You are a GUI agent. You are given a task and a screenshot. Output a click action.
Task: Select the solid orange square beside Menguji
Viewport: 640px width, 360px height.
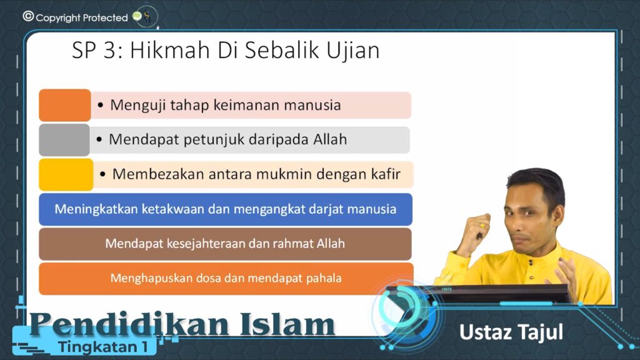pos(65,105)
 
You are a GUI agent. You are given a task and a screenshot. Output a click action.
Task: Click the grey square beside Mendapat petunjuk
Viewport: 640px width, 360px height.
pos(64,140)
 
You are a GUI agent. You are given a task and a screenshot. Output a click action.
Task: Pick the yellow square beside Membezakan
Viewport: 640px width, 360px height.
pos(66,175)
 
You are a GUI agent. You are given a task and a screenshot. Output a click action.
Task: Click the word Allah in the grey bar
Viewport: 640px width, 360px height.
pos(330,139)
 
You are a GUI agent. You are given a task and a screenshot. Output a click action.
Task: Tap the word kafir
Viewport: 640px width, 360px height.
pos(386,174)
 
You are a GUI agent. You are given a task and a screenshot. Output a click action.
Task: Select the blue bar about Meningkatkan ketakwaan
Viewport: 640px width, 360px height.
pos(226,209)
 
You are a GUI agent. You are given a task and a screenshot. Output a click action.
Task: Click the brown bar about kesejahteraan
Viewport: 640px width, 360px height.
pos(225,244)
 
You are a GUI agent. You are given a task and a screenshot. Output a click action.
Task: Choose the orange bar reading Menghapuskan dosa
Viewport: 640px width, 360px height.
pos(226,279)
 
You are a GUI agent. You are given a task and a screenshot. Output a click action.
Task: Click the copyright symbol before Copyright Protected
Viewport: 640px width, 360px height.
pos(28,16)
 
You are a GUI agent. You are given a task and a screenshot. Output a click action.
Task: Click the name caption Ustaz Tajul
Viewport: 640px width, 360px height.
pos(511,332)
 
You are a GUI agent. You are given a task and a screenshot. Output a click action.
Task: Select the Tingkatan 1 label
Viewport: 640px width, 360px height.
pos(103,347)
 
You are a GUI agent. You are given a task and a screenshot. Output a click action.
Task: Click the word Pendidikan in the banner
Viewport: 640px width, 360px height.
pos(129,324)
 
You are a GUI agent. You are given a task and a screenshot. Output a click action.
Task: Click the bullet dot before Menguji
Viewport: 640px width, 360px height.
pos(101,105)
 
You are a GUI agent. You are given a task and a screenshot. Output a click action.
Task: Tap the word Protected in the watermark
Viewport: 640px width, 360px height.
pos(105,17)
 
